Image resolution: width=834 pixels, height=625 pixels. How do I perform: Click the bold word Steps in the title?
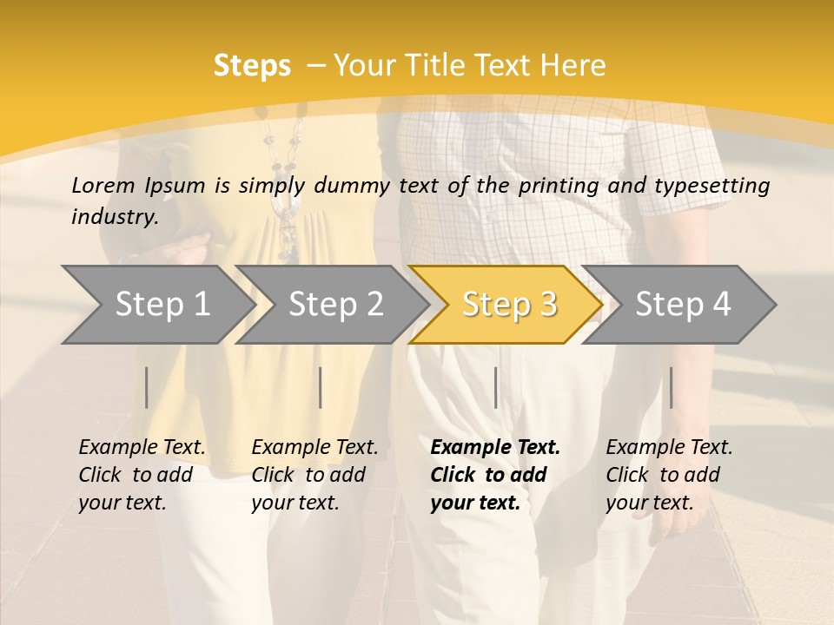tap(252, 66)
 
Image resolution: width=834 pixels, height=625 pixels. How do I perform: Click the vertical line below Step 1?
tap(146, 387)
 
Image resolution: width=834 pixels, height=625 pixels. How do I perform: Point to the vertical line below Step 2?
tap(321, 387)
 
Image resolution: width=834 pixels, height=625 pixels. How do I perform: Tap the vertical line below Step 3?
tap(495, 387)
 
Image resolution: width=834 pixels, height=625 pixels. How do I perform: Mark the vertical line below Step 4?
tap(671, 387)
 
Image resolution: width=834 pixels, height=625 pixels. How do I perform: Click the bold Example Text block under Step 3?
tap(494, 475)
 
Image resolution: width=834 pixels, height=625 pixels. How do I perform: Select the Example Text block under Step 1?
tap(142, 475)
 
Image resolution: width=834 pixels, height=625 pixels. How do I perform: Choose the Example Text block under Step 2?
tap(314, 475)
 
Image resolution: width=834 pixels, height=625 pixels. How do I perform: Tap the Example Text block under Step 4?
tap(669, 475)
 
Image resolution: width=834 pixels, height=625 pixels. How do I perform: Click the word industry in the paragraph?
tap(113, 217)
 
